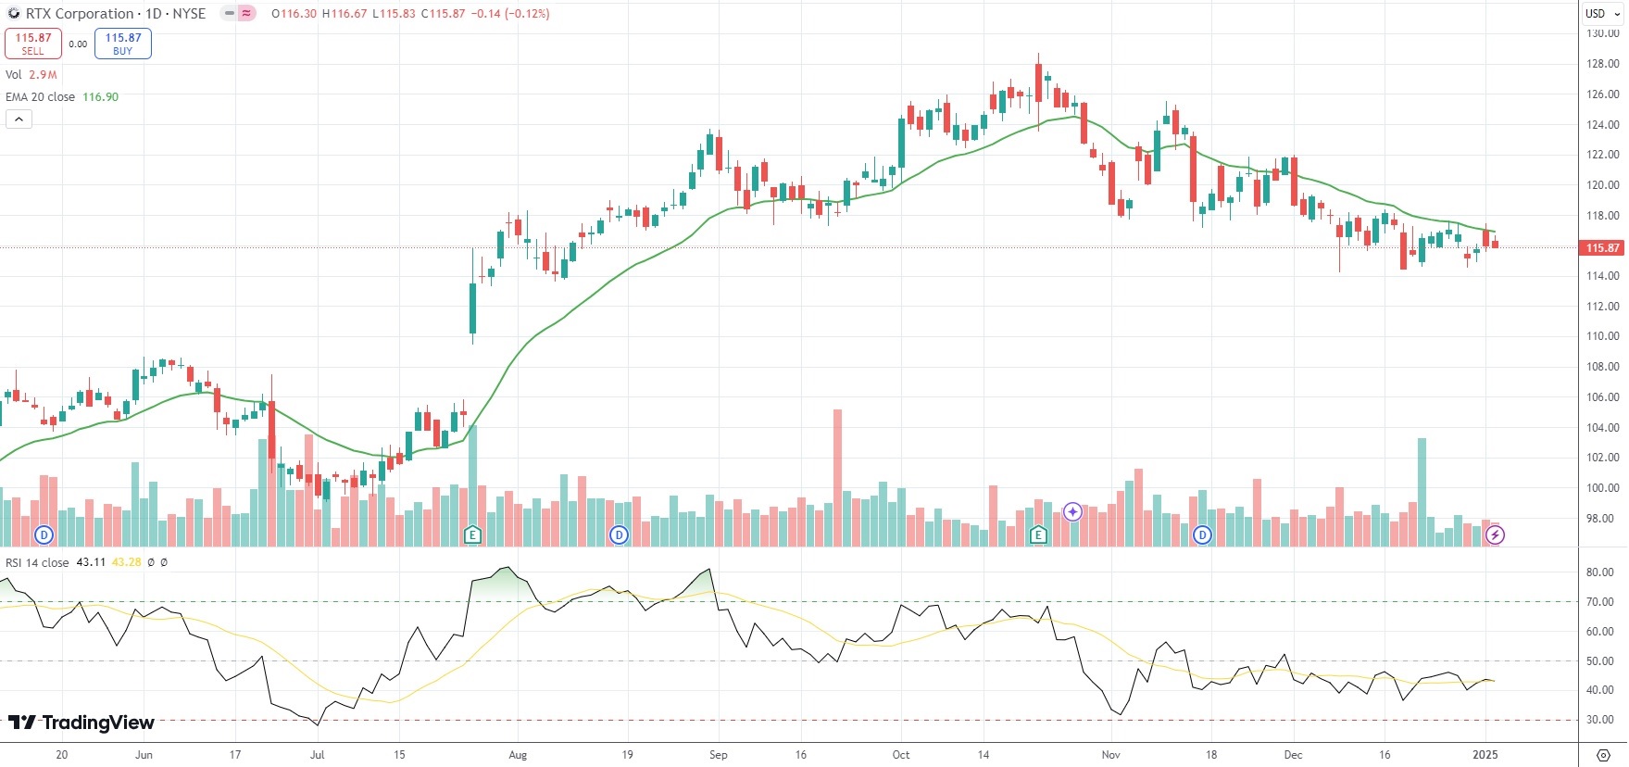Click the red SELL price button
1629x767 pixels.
click(33, 44)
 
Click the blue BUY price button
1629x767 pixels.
click(122, 44)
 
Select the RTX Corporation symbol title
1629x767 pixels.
click(80, 14)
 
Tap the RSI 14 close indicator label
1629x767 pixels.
click(37, 562)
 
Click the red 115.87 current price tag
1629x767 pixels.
click(1602, 248)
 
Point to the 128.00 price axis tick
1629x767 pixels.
click(1602, 64)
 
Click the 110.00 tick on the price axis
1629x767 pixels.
click(1602, 336)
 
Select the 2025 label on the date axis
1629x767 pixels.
click(1485, 755)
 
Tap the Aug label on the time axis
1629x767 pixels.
click(518, 755)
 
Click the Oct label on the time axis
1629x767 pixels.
click(900, 755)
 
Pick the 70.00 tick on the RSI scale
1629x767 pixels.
click(1599, 602)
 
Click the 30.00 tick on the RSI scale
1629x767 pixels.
click(1599, 720)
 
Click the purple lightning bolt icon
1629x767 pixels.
click(1495, 534)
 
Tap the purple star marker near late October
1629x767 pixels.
click(1072, 511)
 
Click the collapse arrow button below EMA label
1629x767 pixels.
click(19, 119)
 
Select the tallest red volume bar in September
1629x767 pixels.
click(838, 477)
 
